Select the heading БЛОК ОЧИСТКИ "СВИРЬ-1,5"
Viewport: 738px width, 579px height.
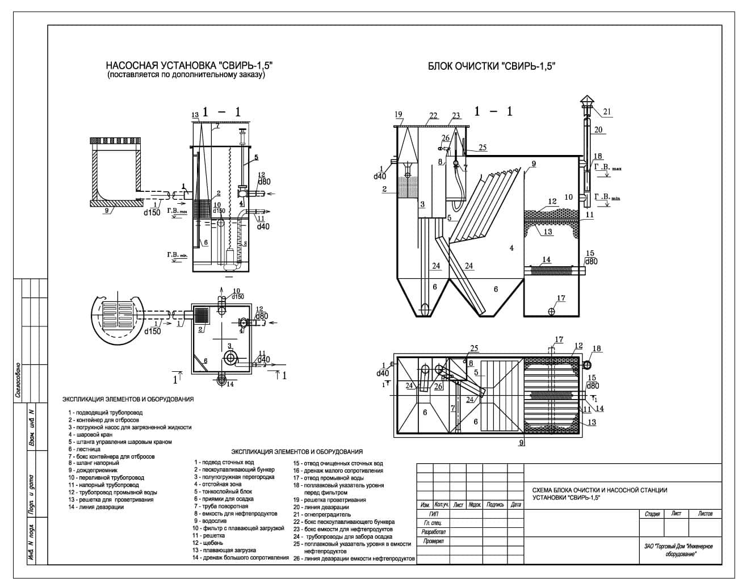pos(491,66)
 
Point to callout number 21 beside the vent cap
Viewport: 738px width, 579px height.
pos(607,112)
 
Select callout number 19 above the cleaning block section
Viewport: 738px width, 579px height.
pos(398,115)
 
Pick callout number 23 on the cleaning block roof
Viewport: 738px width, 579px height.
pos(455,116)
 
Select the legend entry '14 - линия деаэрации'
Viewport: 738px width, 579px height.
pos(95,507)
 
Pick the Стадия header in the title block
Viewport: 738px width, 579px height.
pos(652,514)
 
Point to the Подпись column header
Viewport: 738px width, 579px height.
pos(495,504)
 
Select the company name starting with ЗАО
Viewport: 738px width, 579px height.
pos(678,549)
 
